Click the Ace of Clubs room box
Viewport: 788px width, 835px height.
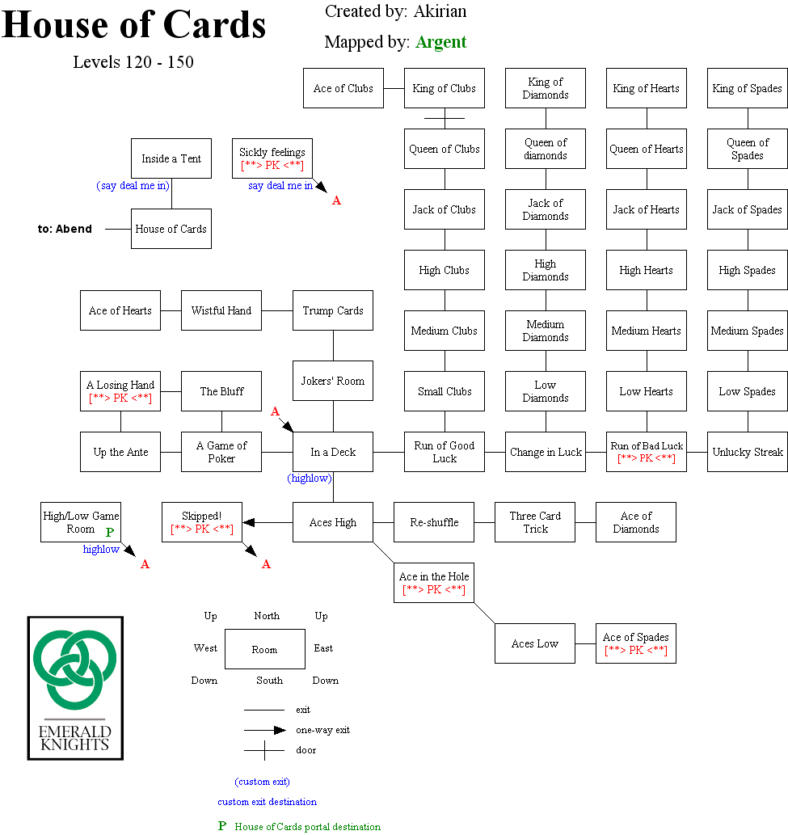[x=343, y=88]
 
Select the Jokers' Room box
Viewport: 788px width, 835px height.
[x=332, y=381]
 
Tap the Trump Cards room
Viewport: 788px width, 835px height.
[x=332, y=310]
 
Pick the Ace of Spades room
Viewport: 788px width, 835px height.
[x=635, y=643]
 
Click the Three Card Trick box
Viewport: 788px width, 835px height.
[x=534, y=522]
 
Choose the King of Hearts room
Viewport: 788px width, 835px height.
[x=646, y=88]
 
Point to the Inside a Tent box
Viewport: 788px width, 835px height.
[x=171, y=158]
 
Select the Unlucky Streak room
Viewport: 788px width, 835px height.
[x=747, y=452]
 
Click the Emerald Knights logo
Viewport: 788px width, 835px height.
[x=75, y=688]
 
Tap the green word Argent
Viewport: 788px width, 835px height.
[x=440, y=42]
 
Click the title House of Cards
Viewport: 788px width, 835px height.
[x=134, y=26]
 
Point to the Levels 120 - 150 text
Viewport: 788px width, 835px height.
[x=133, y=62]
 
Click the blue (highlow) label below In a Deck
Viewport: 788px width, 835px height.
[x=310, y=479]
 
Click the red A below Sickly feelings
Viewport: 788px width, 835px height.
[x=336, y=200]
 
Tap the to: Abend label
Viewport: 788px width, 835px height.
[x=65, y=229]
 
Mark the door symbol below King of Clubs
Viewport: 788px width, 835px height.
[x=444, y=118]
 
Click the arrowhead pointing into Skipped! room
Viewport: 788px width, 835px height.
[x=249, y=522]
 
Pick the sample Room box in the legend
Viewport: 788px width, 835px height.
[x=264, y=649]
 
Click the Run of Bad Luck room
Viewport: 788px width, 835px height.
[x=646, y=452]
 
